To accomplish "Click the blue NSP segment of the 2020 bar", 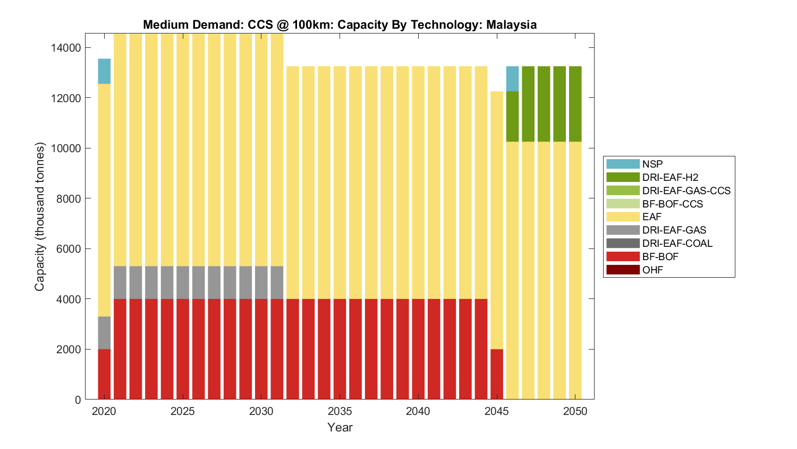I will click(104, 71).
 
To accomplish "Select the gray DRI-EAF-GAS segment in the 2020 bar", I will click(104, 333).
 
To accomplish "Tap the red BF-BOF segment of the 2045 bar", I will click(497, 374).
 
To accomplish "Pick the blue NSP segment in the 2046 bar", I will click(512, 79).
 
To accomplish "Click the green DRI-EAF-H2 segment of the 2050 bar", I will click(575, 104).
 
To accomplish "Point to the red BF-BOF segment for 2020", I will click(104, 374).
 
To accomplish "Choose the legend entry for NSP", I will click(652, 164).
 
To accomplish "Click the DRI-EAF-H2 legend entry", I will click(669, 177).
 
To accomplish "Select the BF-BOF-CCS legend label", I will click(672, 204).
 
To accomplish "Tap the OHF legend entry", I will click(652, 270).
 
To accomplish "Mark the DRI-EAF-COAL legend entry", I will click(677, 243).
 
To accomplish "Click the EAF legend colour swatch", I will click(623, 217).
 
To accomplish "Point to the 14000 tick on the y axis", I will click(66, 48).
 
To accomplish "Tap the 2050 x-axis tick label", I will click(575, 411).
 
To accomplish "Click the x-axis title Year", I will click(340, 427).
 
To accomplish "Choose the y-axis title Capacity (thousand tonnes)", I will click(40, 217).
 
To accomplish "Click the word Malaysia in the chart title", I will click(511, 25).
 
